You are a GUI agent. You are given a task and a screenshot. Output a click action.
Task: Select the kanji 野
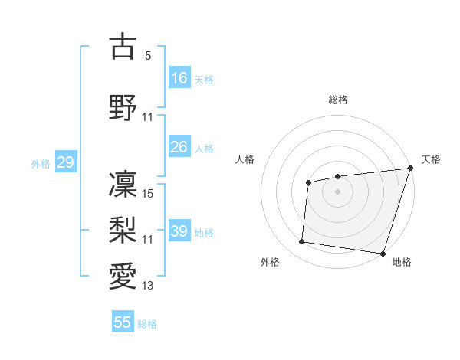123,106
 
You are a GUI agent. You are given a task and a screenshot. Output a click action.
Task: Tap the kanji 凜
123,183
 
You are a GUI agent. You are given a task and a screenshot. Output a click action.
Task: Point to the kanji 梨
123,229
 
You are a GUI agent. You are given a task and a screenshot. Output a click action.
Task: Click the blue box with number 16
179,78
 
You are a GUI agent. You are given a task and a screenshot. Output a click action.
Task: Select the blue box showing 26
179,147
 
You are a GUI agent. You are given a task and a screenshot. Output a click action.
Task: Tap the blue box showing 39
179,231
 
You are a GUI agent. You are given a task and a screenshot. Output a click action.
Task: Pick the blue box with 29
65,162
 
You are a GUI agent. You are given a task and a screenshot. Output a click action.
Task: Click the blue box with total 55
123,322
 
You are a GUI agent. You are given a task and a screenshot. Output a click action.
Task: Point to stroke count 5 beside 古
148,56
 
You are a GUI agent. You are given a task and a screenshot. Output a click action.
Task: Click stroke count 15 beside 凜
149,194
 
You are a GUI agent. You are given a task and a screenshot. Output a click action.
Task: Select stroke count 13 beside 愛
149,286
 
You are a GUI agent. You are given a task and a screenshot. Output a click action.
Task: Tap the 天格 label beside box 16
204,79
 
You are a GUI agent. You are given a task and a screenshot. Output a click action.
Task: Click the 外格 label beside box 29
41,163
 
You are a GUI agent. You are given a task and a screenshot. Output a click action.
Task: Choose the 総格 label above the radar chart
338,100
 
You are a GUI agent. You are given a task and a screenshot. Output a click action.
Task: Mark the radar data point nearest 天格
410,169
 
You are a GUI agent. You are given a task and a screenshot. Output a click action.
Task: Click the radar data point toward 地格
383,253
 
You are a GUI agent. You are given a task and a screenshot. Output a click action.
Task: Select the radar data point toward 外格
301,242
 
